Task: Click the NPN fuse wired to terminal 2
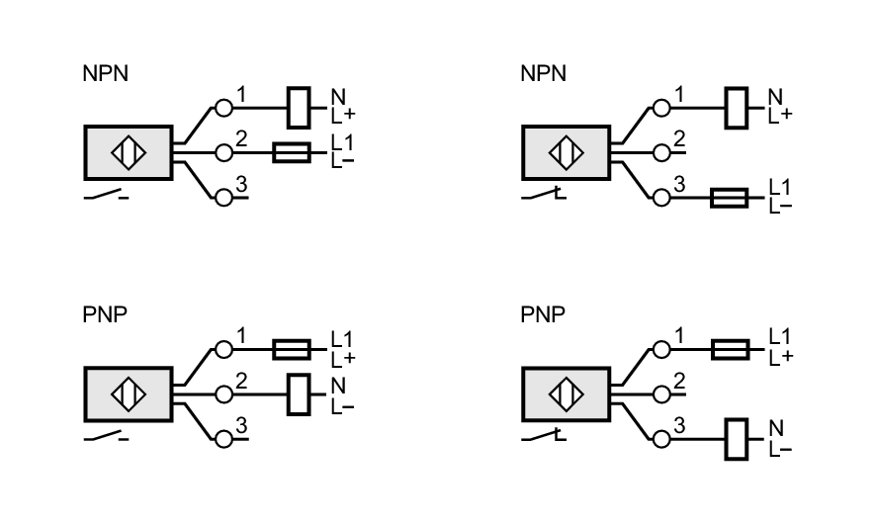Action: pyautogui.click(x=291, y=152)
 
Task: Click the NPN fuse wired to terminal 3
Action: pyautogui.click(x=729, y=197)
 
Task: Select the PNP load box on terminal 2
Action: pyautogui.click(x=298, y=393)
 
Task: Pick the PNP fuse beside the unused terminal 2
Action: pyautogui.click(x=729, y=348)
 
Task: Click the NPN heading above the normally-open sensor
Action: pyautogui.click(x=105, y=75)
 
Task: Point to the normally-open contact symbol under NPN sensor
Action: pyautogui.click(x=107, y=196)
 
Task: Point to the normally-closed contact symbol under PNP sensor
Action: pyautogui.click(x=545, y=437)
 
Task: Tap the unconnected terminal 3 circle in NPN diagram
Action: pyautogui.click(x=223, y=197)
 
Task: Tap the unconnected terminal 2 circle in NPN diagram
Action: pyautogui.click(x=661, y=152)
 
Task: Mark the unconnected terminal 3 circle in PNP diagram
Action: pyautogui.click(x=223, y=438)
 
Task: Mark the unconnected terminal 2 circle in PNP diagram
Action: pyautogui.click(x=661, y=393)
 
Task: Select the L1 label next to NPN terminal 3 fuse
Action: pyautogui.click(x=780, y=188)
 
